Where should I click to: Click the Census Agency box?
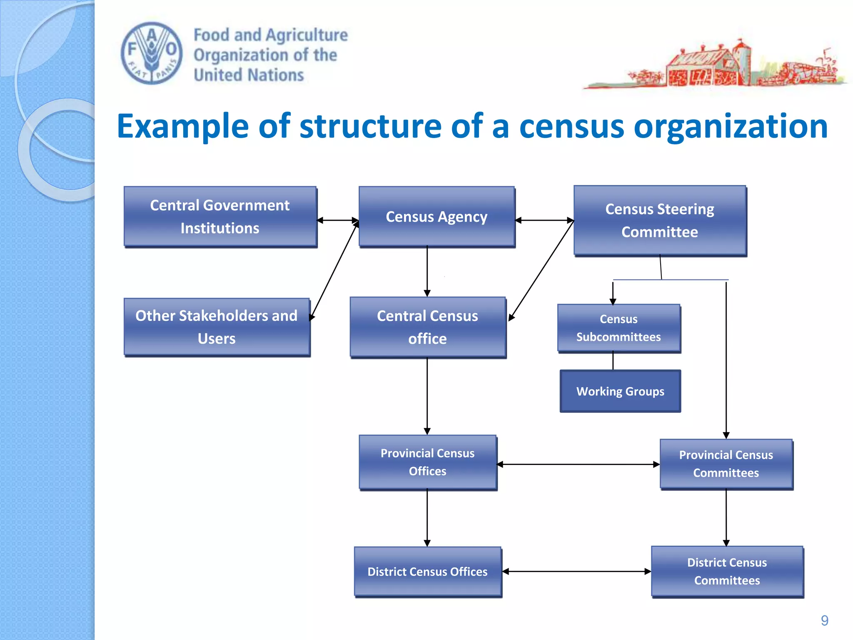pyautogui.click(x=436, y=217)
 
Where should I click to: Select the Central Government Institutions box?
pyautogui.click(x=220, y=217)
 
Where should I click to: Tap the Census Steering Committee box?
pyautogui.click(x=660, y=220)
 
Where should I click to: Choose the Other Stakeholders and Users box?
pyautogui.click(x=217, y=327)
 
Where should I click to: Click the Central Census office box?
pyautogui.click(x=428, y=327)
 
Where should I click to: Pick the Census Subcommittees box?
pyautogui.click(x=619, y=328)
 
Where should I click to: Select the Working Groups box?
pyautogui.click(x=620, y=391)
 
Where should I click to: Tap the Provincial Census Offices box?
pyautogui.click(x=428, y=462)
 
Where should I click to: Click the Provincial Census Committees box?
pyautogui.click(x=726, y=464)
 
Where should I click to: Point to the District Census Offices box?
pyautogui.click(x=428, y=572)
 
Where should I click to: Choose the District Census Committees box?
pyautogui.click(x=727, y=572)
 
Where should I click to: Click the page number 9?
pyautogui.click(x=824, y=620)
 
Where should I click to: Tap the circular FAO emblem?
pyautogui.click(x=152, y=53)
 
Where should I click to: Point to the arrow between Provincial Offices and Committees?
pyautogui.click(x=578, y=464)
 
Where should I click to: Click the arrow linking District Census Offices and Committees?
pyautogui.click(x=576, y=572)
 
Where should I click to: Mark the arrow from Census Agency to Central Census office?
pyautogui.click(x=427, y=271)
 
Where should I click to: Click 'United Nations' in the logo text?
pyautogui.click(x=249, y=75)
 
